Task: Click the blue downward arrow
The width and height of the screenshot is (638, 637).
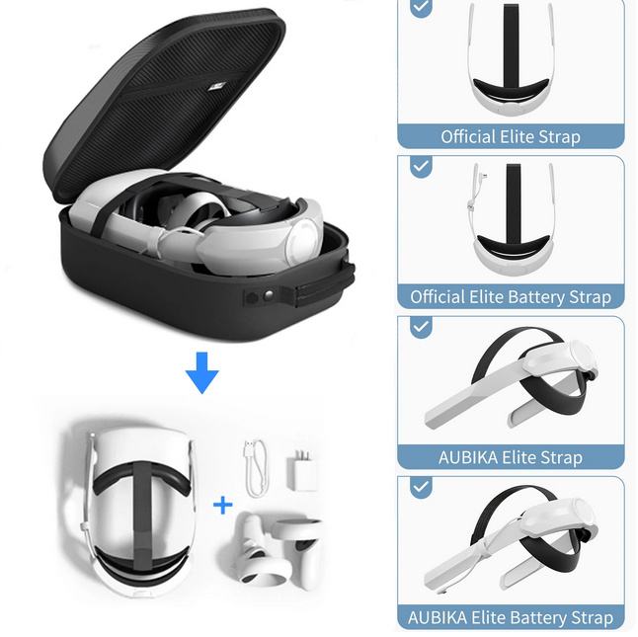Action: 202,372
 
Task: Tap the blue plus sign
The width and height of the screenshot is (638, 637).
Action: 222,506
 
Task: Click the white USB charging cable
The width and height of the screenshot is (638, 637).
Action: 257,468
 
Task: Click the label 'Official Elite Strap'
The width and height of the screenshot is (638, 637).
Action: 511,136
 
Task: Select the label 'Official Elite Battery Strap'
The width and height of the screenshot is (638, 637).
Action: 511,297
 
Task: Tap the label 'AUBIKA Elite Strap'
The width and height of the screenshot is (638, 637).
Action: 511,457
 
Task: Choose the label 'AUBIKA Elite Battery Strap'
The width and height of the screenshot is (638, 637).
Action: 511,618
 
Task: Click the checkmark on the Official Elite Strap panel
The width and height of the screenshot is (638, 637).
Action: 421,7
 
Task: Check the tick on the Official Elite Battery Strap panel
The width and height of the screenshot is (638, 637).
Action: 421,167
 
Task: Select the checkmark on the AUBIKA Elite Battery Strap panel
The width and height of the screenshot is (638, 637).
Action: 421,487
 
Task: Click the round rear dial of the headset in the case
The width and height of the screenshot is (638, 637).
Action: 303,241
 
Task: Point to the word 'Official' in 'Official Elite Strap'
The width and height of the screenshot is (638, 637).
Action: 468,136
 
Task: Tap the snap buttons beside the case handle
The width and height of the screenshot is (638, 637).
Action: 260,297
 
